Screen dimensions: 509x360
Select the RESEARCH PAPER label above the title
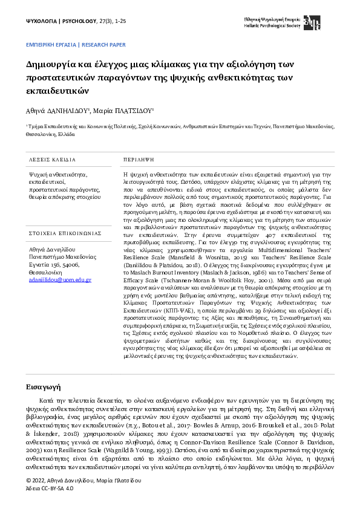[103, 45]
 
